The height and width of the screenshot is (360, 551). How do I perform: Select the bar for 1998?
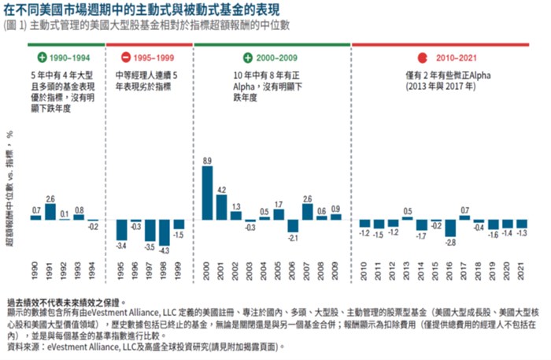pos(164,233)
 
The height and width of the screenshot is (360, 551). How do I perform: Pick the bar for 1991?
pos(50,212)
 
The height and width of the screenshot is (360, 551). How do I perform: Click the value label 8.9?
pos(208,161)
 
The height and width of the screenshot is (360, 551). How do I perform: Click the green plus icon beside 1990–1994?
pos(42,58)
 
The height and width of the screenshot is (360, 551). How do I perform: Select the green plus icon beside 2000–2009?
pos(248,58)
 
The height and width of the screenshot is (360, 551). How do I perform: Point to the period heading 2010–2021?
pos(457,58)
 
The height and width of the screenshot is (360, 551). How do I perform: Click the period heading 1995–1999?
pos(154,58)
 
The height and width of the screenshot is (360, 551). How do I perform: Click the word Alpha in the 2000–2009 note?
pos(247,89)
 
